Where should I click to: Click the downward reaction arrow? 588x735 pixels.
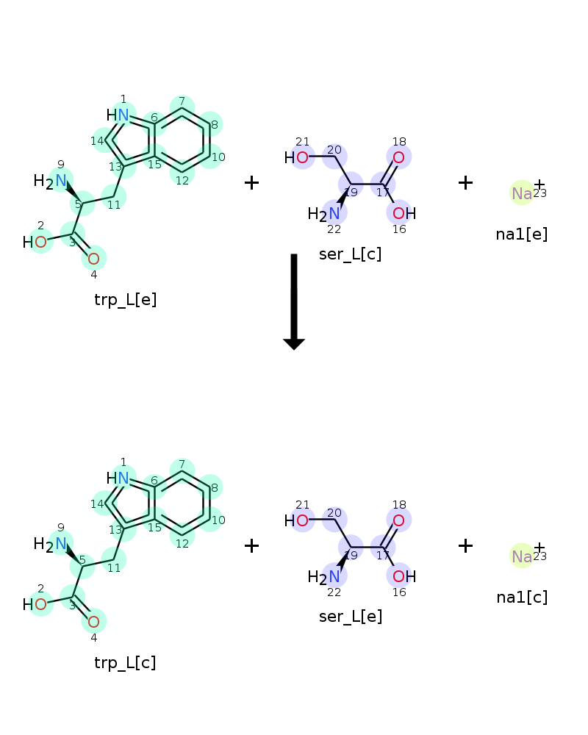[x=294, y=301]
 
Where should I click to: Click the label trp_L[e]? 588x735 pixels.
[x=126, y=300]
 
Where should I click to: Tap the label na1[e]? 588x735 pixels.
[x=522, y=234]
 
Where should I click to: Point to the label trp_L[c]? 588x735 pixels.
[x=125, y=663]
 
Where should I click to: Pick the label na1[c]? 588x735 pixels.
[x=522, y=597]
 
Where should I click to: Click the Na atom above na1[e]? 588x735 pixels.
[x=522, y=193]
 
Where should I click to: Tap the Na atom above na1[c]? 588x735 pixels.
[x=522, y=556]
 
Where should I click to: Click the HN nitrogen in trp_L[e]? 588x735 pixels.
[x=122, y=115]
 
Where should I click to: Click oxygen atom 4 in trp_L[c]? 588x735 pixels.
[x=93, y=622]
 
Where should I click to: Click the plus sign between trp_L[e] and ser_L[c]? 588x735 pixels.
[x=251, y=182]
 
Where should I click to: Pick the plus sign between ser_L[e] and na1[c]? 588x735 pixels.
[x=465, y=545]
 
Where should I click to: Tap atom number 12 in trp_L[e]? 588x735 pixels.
[x=182, y=173]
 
